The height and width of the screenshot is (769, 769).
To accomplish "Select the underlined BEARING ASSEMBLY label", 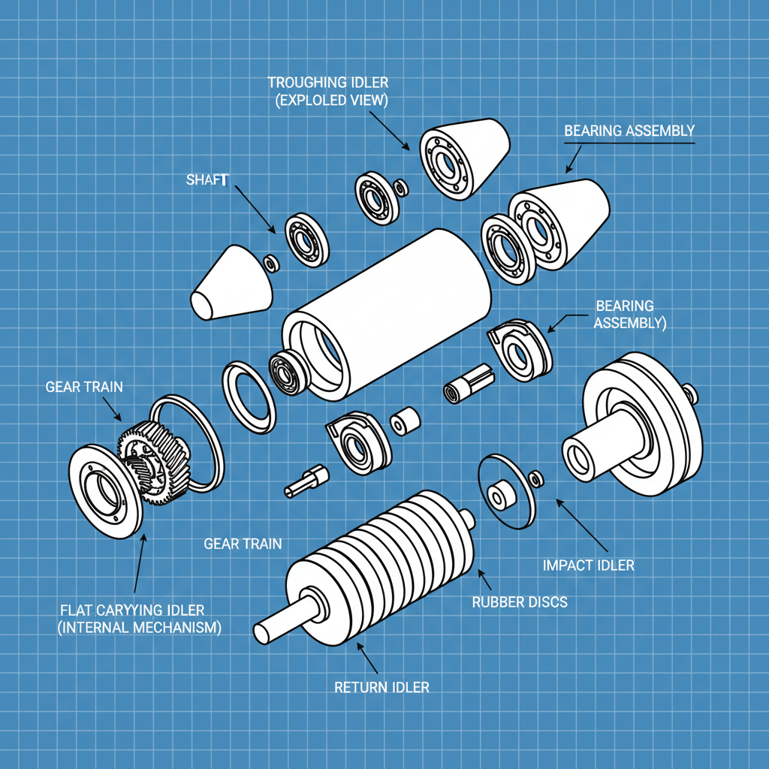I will pos(629,131).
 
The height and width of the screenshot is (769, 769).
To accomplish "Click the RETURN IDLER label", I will pos(381,686).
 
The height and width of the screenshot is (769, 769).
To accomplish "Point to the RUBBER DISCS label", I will pos(519,602).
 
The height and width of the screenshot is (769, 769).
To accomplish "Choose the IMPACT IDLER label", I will pos(588,565).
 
